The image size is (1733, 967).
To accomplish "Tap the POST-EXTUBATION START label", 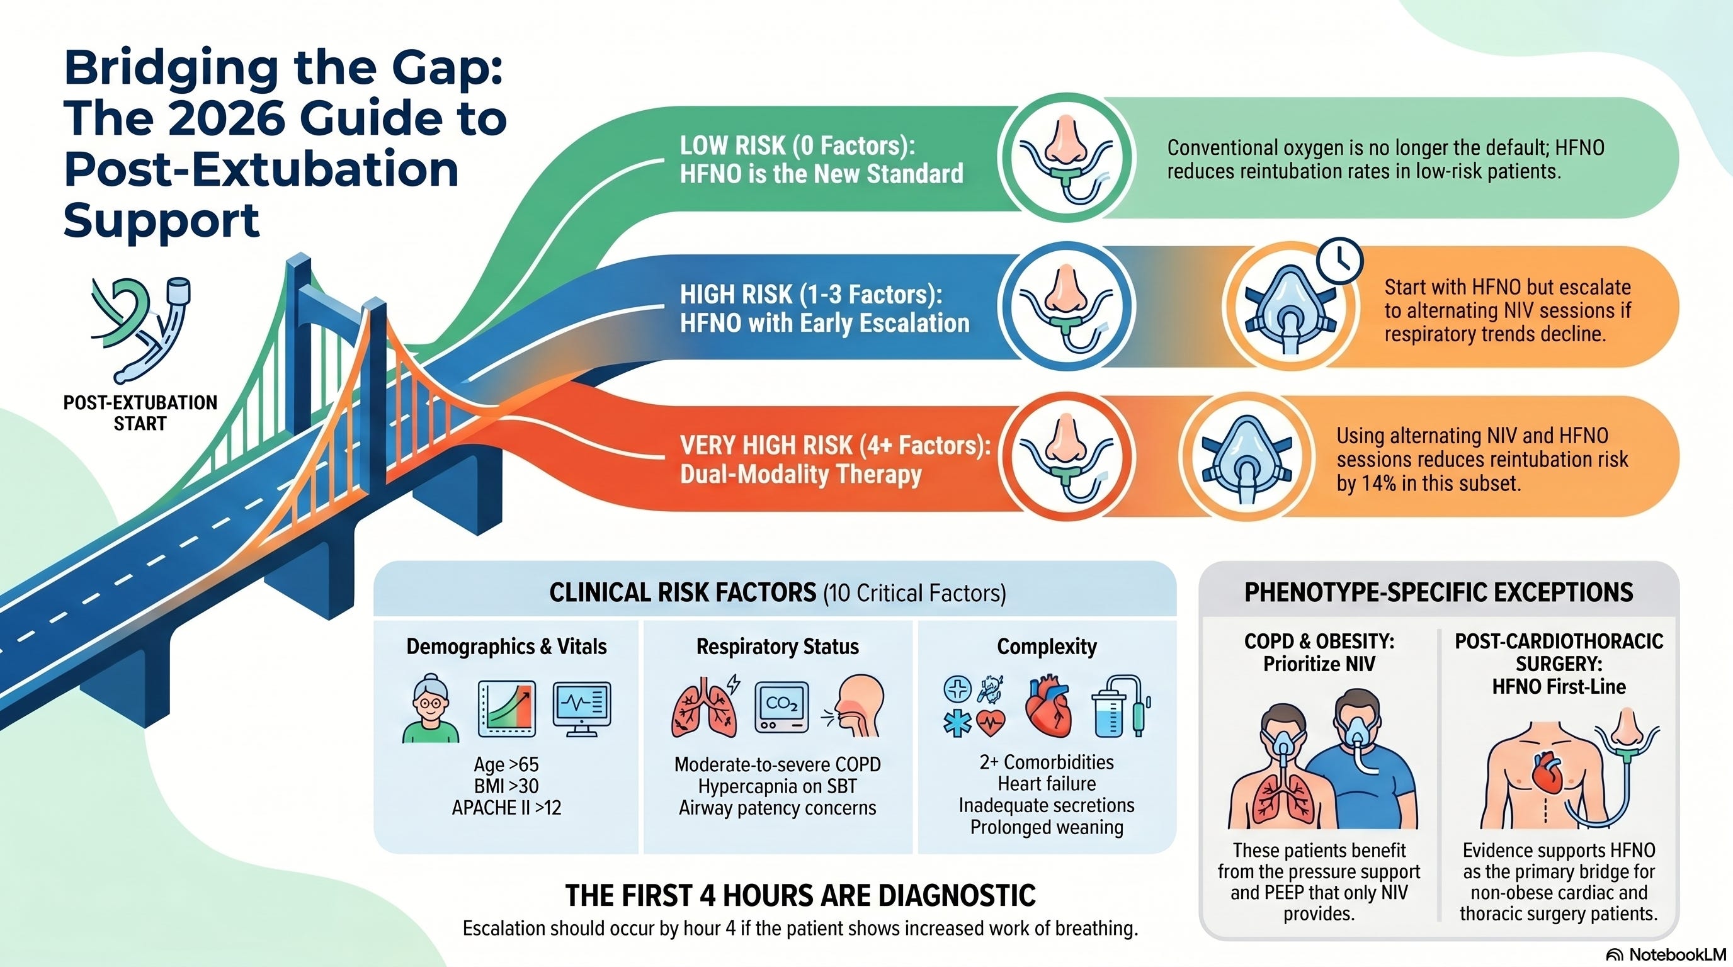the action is pos(140,413).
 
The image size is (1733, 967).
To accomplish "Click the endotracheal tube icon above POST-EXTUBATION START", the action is pos(141,329).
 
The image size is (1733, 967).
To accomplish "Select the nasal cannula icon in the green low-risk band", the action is pos(1065,157).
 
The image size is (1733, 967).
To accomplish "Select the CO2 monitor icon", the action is pos(781,708).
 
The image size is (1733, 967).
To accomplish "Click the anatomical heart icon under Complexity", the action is pos(1047,708).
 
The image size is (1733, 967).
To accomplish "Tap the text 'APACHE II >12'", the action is pos(506,808).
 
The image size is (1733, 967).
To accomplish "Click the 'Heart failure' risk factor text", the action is pos(1047,783).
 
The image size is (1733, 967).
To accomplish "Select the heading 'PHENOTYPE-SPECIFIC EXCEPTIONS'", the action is pos(1438,592).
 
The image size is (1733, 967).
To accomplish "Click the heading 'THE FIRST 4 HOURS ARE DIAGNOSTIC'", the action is pos(800,895).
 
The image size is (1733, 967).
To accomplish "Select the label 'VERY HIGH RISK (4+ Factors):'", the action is pos(835,445).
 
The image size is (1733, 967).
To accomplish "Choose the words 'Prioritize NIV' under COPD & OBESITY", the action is pos(1319,664).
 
